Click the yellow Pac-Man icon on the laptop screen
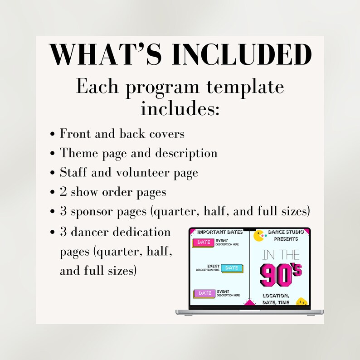[259, 236]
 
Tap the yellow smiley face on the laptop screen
[301, 302]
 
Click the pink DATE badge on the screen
[204, 243]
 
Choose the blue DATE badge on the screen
[232, 268]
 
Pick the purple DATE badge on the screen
[204, 293]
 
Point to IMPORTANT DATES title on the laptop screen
[220, 232]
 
